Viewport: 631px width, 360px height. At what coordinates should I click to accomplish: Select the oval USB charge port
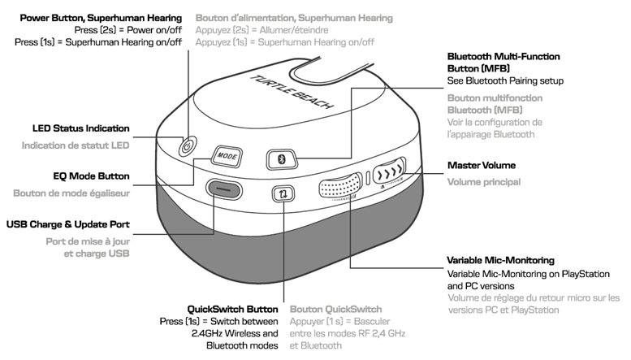tap(224, 189)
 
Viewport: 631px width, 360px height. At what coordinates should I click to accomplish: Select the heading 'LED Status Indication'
tap(80, 128)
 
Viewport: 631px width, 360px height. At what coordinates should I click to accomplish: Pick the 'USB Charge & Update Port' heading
tap(68, 223)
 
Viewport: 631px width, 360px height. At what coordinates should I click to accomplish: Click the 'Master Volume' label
tap(482, 166)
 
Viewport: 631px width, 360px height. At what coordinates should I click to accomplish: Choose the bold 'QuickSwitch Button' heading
tap(232, 309)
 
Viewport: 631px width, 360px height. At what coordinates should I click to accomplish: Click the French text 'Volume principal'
tap(484, 182)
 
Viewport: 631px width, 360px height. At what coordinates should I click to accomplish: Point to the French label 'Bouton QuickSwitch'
tap(335, 309)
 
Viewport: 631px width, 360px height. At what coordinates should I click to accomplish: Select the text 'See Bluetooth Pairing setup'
tap(505, 81)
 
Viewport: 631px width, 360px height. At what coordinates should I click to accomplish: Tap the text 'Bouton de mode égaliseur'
tap(71, 193)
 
